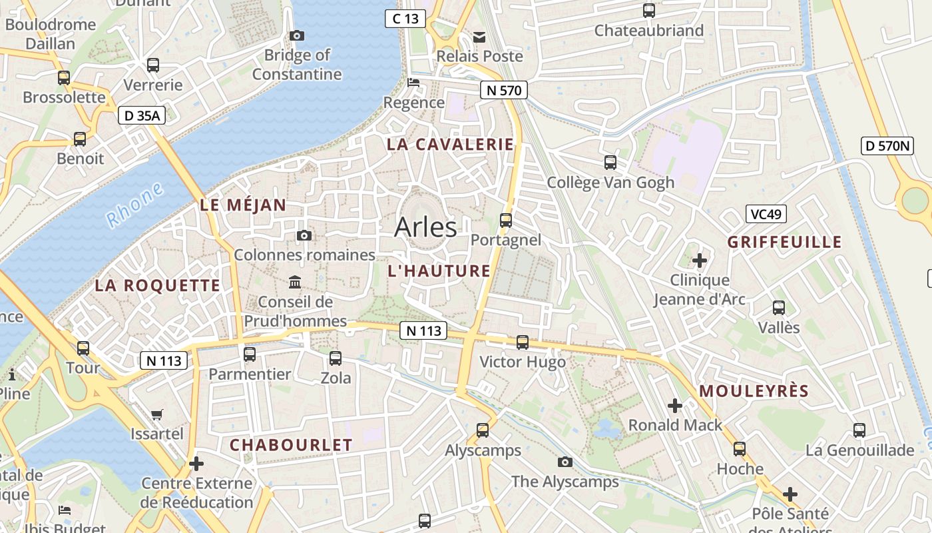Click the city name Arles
coord(425,227)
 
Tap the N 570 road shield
coord(504,90)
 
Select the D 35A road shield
coord(142,115)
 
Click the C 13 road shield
coord(405,19)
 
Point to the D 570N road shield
coord(887,146)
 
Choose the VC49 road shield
coord(766,214)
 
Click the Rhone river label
coord(135,205)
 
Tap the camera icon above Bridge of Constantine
coord(297,35)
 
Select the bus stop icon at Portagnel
coord(506,220)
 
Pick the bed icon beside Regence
coord(413,83)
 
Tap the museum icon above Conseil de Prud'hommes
coord(295,282)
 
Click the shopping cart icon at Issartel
coord(157,414)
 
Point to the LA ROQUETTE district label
coord(157,286)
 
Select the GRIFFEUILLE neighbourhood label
coord(785,242)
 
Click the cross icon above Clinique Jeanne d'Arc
coord(700,260)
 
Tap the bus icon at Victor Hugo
coord(523,342)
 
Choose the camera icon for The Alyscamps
coord(565,462)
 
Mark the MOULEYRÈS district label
coord(754,391)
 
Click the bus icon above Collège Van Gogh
coord(610,163)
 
